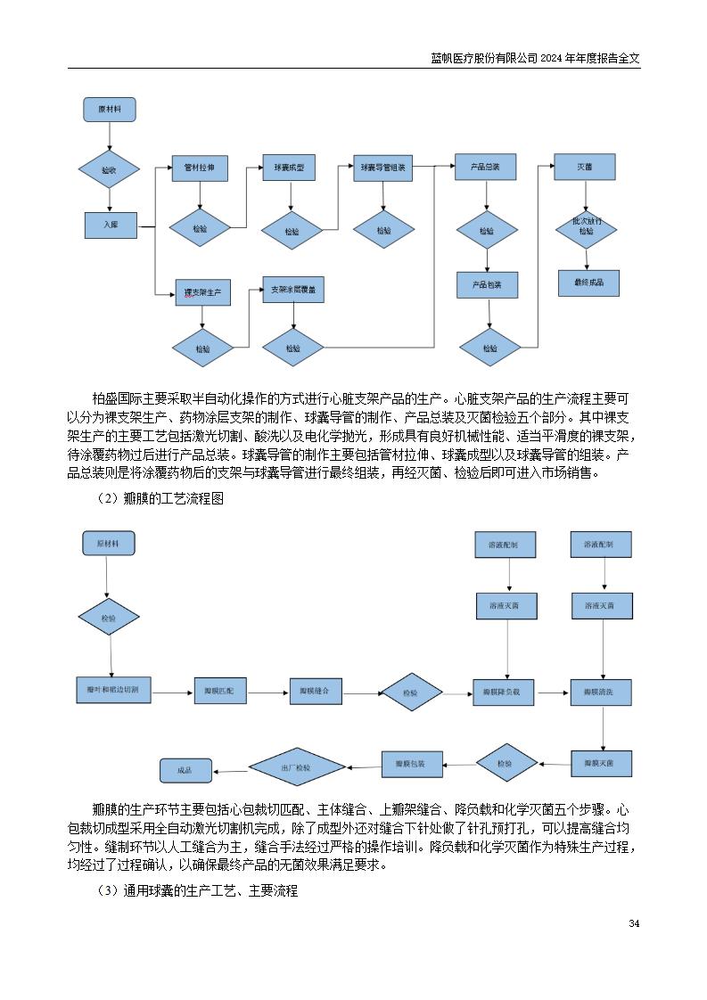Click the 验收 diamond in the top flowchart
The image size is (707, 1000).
[x=110, y=168]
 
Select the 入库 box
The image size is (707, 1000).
[x=111, y=225]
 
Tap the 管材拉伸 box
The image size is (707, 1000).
[x=200, y=168]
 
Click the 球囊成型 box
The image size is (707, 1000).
[x=289, y=168]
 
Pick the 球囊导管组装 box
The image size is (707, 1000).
[x=383, y=168]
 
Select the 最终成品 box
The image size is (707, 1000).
[x=588, y=283]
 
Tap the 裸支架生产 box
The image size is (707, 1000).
[x=202, y=291]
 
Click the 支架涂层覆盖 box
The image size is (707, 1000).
[x=293, y=291]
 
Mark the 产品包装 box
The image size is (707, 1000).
[x=487, y=285]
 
